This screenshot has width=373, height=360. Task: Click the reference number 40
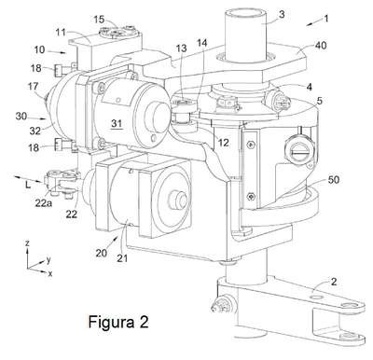coord(320,46)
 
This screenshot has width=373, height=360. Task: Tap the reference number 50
coord(333,180)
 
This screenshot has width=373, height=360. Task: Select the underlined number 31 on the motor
coord(117,124)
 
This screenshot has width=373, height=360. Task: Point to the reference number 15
coord(100,20)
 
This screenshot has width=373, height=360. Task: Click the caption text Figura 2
coord(118,322)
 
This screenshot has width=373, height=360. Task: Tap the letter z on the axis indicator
coord(27,243)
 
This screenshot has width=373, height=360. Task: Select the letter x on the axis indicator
coord(50,273)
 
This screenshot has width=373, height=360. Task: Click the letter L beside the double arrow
coord(28,186)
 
